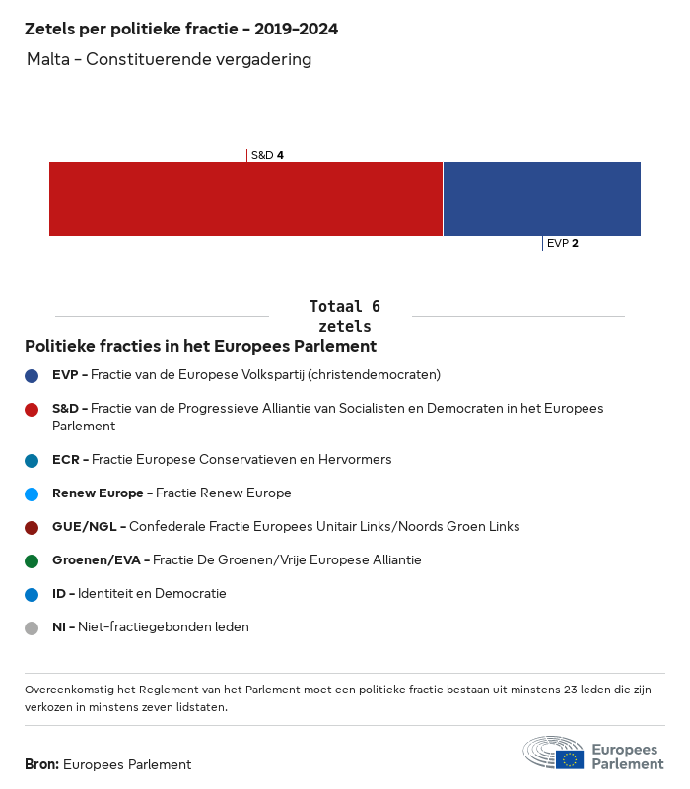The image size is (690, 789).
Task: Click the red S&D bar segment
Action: point(245,199)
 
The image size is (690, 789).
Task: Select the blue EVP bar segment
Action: point(542,199)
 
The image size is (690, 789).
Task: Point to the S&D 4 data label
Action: point(267,155)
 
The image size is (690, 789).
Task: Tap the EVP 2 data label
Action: point(562,243)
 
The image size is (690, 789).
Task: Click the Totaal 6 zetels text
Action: point(344,316)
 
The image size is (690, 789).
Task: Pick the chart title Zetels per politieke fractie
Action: point(181,30)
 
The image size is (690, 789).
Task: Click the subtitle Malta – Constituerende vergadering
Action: point(170,59)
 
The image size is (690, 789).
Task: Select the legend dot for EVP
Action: point(32,375)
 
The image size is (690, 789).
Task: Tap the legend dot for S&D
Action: point(32,409)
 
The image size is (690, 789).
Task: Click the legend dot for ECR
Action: point(32,460)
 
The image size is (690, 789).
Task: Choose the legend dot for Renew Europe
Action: point(32,493)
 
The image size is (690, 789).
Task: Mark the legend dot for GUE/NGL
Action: point(32,527)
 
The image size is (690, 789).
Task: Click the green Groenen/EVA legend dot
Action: point(32,560)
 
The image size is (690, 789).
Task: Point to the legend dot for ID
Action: point(32,594)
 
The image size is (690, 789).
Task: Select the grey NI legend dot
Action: point(32,627)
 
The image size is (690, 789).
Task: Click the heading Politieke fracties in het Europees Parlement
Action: point(200,347)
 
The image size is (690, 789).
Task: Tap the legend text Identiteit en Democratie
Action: point(152,594)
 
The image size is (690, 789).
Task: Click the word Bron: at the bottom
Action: point(42,764)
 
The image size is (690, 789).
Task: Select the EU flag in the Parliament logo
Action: point(569,759)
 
